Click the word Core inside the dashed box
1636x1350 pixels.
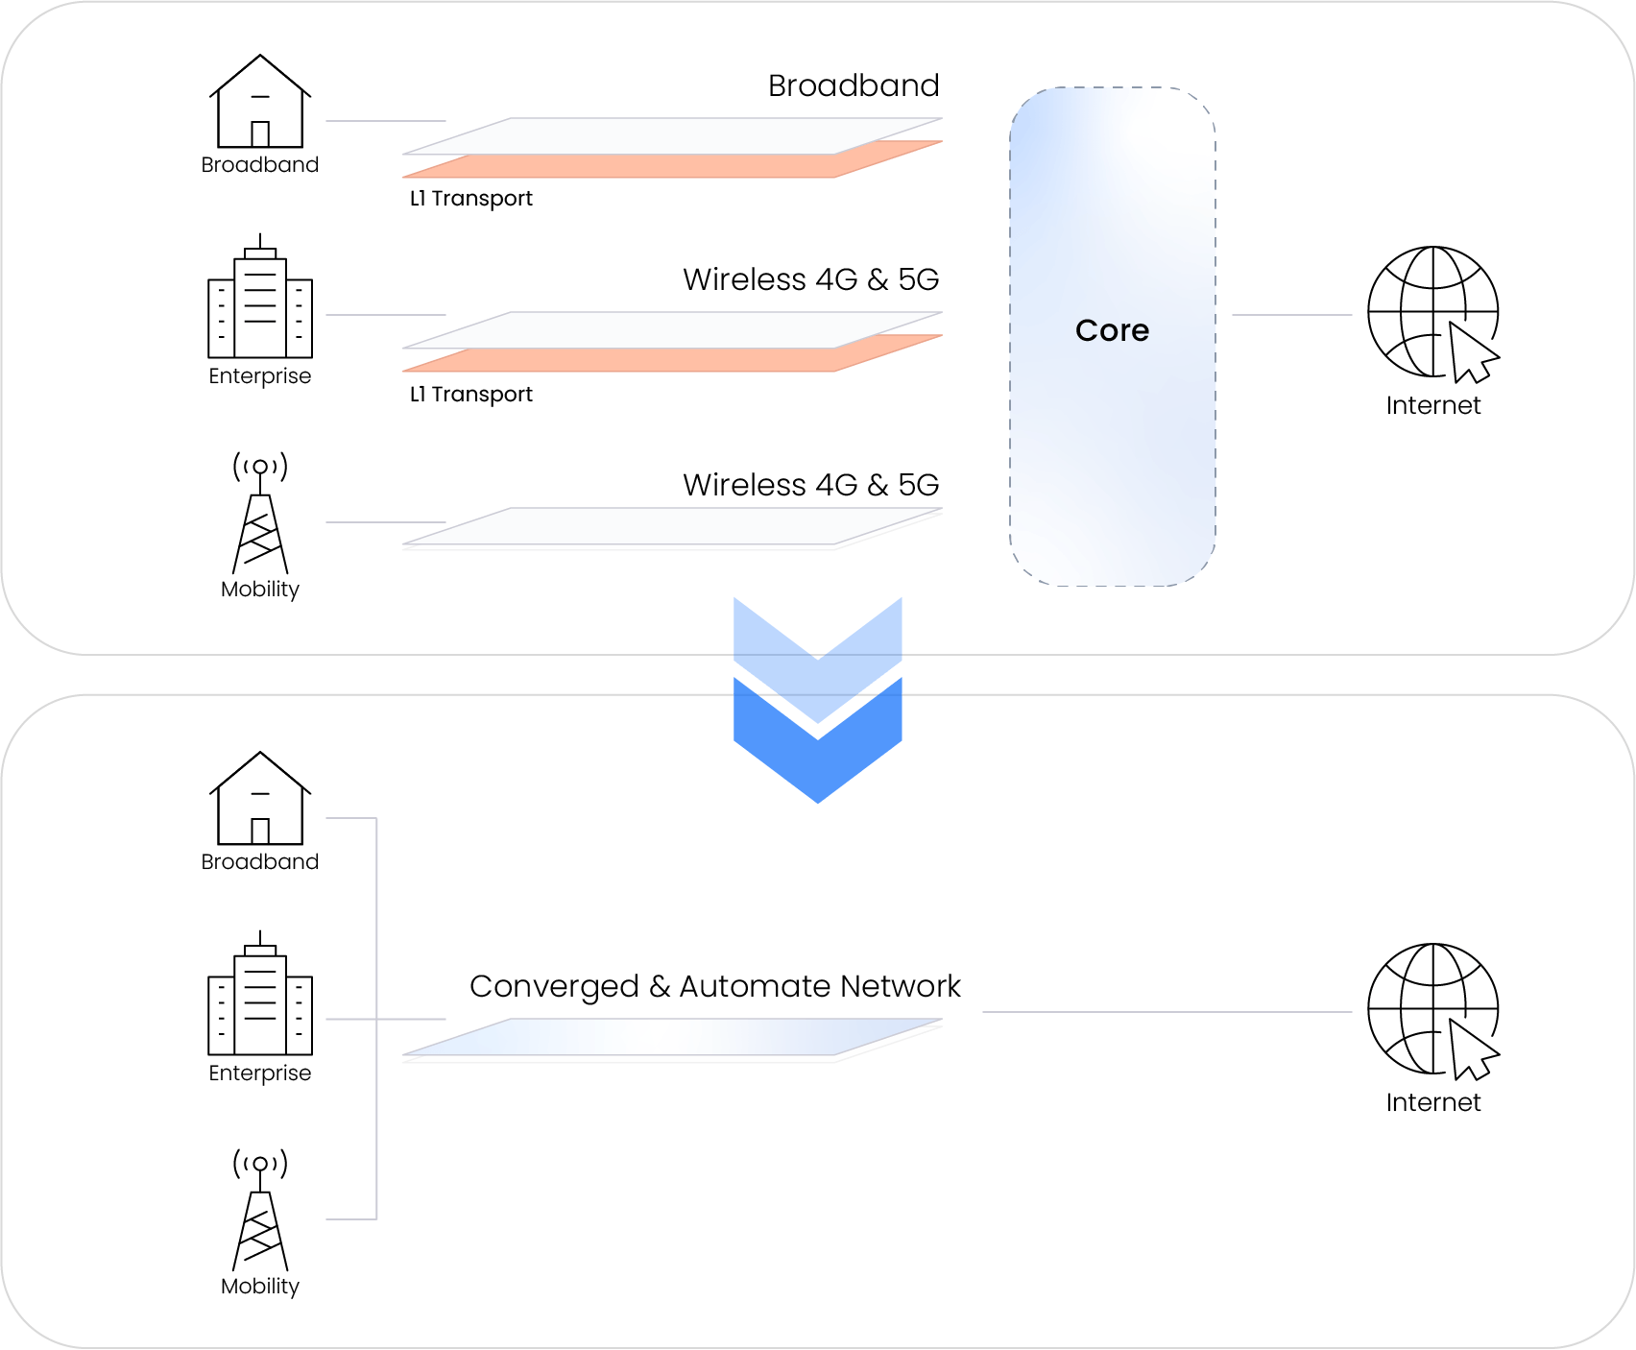[1112, 330]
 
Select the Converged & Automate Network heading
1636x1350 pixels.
[714, 986]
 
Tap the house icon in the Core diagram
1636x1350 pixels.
[260, 102]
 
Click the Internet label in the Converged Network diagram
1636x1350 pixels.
[1432, 1102]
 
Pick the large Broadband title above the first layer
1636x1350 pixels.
[854, 85]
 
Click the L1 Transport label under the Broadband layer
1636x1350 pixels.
[470, 199]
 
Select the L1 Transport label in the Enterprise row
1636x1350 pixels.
[470, 395]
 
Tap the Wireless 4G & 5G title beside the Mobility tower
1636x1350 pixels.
[810, 485]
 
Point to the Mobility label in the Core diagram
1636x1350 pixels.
[260, 590]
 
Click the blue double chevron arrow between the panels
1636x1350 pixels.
[817, 701]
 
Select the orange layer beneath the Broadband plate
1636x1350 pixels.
[672, 166]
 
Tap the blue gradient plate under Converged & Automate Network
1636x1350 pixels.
[672, 1037]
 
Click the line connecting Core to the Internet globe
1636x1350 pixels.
[1291, 315]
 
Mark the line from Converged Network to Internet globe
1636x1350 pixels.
[1167, 1012]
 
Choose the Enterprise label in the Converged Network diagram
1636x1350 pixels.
[260, 1073]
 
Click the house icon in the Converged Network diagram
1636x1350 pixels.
[260, 799]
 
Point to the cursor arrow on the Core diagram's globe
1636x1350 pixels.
[1472, 353]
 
